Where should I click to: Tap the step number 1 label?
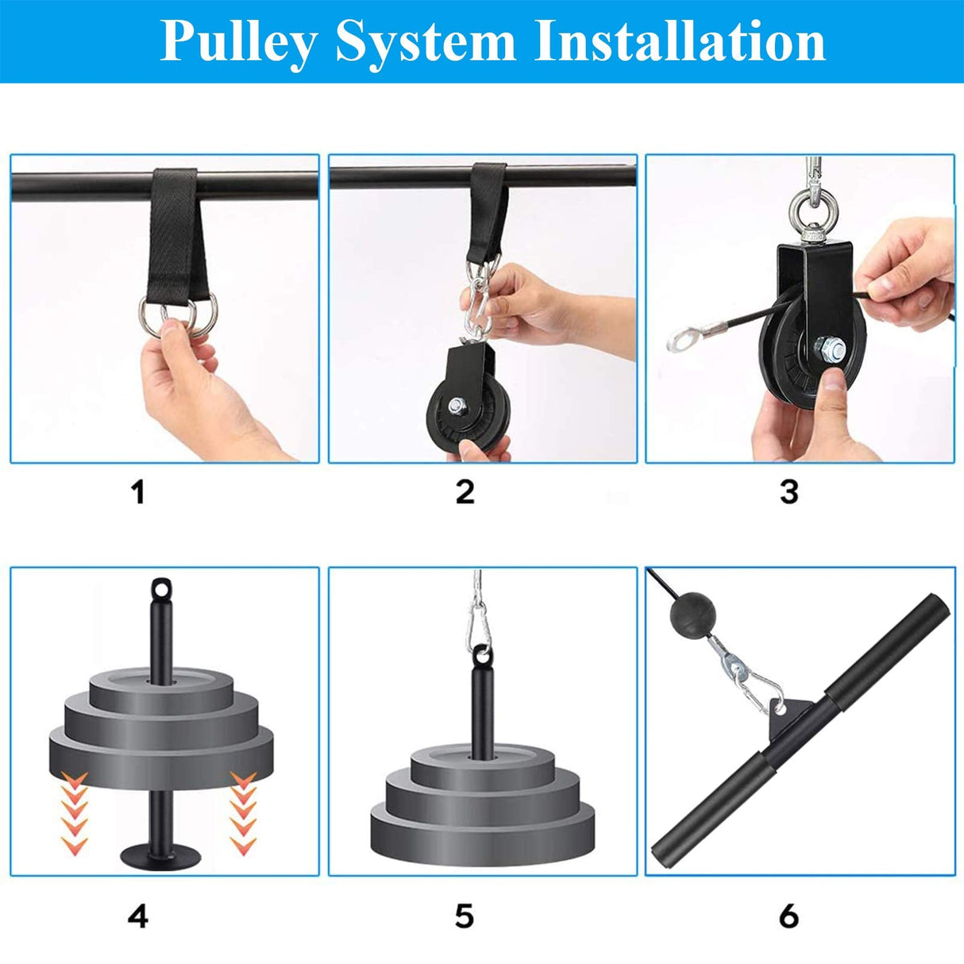(x=138, y=492)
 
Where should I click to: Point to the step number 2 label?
(x=465, y=492)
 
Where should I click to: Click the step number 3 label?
(x=789, y=492)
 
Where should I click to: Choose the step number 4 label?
(x=138, y=916)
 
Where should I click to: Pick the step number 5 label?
(x=465, y=916)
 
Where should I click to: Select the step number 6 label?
(x=789, y=916)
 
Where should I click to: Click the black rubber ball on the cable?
(x=688, y=614)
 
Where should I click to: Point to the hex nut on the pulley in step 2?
(x=460, y=406)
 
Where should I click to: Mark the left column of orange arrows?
(x=75, y=811)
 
